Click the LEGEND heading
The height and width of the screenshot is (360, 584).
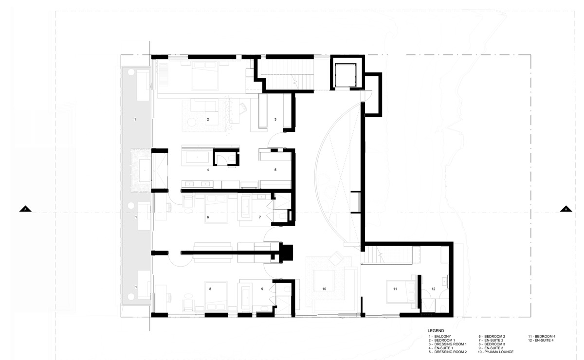[436, 331]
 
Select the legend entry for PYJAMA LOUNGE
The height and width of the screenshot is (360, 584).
[495, 352]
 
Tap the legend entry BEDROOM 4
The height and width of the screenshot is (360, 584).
[542, 337]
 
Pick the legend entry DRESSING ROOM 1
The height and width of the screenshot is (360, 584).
[448, 344]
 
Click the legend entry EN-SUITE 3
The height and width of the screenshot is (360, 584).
[491, 348]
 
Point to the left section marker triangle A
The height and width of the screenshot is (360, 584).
[25, 209]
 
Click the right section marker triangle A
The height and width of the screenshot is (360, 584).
[566, 209]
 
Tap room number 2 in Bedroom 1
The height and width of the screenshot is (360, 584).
[208, 119]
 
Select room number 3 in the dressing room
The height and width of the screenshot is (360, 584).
[275, 119]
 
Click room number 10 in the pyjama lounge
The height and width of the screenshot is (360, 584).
[324, 289]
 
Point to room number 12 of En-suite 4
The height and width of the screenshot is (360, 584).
[433, 289]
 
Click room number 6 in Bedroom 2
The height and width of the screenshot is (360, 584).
[208, 217]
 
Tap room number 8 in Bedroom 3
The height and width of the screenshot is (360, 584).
[210, 289]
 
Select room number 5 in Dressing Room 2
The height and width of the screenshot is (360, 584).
[275, 170]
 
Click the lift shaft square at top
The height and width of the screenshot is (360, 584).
[346, 75]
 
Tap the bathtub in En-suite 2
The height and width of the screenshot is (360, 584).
[245, 208]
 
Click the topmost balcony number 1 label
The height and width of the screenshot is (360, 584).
[135, 119]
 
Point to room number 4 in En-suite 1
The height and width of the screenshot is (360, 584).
[208, 170]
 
